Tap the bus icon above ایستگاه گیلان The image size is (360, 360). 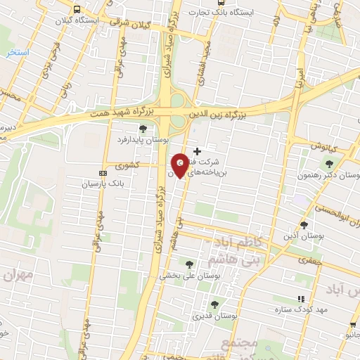pos(77,10)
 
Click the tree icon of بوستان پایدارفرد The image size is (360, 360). pos(143,128)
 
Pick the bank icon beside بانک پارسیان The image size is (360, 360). pos(103,172)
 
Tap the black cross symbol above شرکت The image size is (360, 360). pos(197,150)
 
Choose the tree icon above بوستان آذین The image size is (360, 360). pos(303,224)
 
